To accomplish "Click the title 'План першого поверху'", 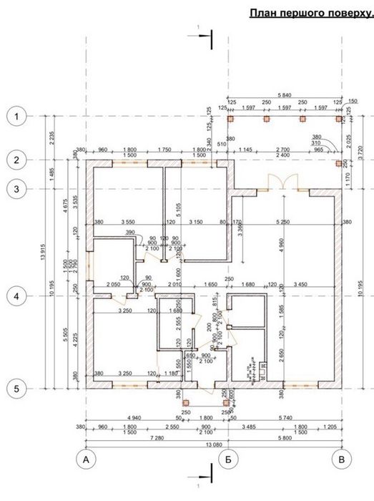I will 310,12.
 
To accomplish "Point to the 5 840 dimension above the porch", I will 284,95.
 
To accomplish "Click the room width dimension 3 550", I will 128,222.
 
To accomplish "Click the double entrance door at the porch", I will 284,184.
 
